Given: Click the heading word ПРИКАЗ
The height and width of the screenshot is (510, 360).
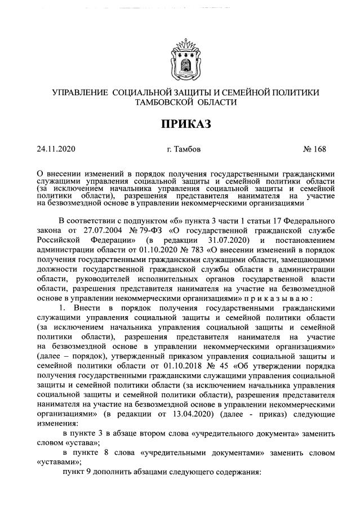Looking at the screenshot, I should point(180,124).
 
